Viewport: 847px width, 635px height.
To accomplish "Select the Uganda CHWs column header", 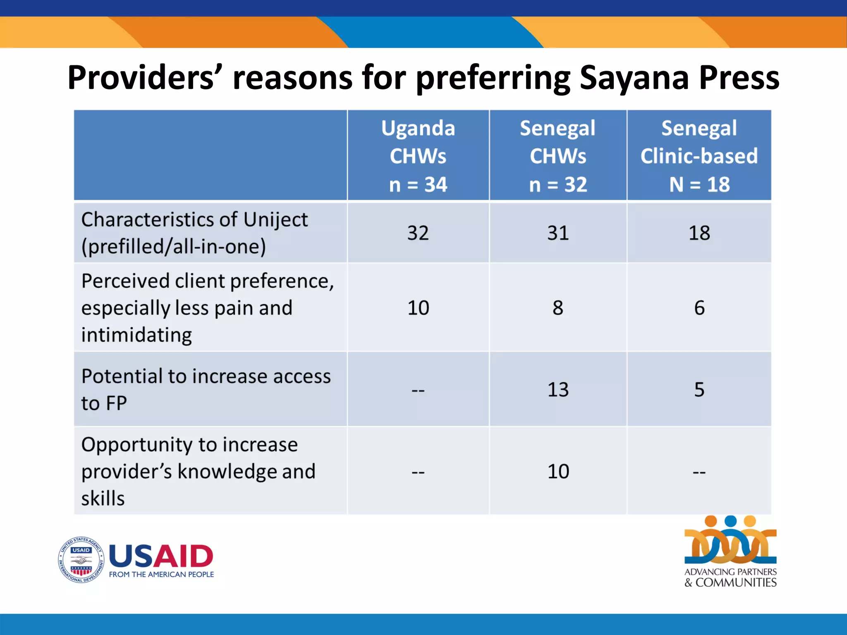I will (x=418, y=155).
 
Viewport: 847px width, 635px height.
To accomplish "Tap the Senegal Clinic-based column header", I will (x=699, y=155).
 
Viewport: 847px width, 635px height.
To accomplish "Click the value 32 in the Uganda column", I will (x=418, y=233).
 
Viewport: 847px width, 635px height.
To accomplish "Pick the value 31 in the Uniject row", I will (x=558, y=233).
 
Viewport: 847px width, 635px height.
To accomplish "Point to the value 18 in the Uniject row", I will (x=699, y=233).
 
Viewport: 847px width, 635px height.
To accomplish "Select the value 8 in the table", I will (x=558, y=308).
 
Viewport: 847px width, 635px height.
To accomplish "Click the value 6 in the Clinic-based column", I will (x=699, y=308).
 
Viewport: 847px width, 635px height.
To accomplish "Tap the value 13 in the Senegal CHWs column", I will (x=558, y=390).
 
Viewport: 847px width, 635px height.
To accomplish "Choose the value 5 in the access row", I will (x=699, y=390).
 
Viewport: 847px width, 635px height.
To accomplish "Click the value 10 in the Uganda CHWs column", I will (x=418, y=308).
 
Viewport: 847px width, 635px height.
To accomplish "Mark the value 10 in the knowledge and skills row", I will (x=558, y=472).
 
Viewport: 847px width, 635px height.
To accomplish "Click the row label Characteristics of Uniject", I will (x=194, y=233).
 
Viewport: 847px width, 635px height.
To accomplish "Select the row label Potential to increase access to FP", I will (x=206, y=389).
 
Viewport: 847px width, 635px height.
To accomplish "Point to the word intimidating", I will (x=136, y=335).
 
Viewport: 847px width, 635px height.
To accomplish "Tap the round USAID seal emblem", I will (x=81, y=560).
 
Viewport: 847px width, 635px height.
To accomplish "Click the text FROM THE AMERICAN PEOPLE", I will (x=161, y=575).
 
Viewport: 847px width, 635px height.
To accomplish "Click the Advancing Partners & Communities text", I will (x=730, y=578).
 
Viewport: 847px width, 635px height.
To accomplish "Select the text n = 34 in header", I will (x=418, y=184).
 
